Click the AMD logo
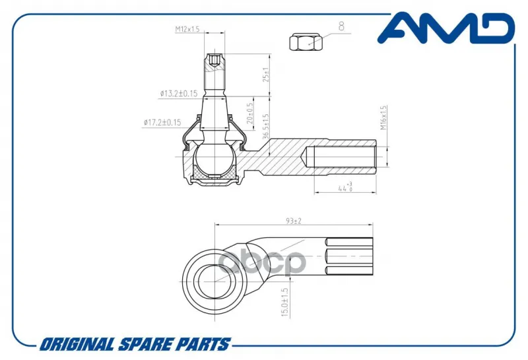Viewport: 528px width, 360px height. coord(446,28)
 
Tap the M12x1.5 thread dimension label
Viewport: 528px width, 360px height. coord(187,29)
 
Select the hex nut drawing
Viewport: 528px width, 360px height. coord(306,42)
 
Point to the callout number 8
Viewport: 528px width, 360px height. coord(341,26)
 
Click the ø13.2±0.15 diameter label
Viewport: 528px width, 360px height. coord(179,93)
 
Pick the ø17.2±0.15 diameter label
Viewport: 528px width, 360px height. coord(162,122)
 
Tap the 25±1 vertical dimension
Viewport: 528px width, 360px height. coord(266,75)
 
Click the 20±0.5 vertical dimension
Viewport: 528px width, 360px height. coord(250,113)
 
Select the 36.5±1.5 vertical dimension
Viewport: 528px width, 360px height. coord(266,126)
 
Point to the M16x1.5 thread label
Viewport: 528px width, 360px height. coord(383,118)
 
